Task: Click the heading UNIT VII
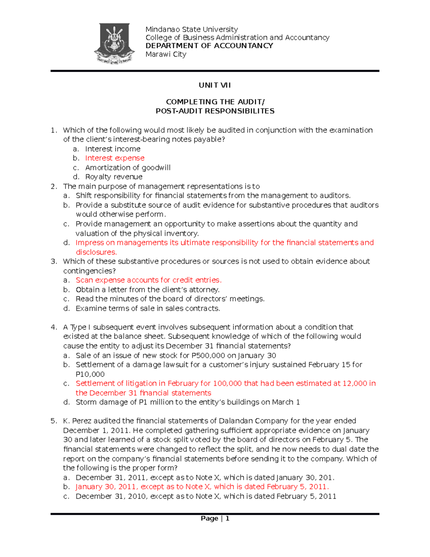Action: (x=215, y=85)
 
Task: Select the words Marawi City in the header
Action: (x=166, y=54)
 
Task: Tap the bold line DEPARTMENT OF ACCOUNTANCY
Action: (x=209, y=46)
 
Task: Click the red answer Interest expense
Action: (x=115, y=158)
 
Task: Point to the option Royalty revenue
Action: (x=114, y=177)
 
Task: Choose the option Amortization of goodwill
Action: (x=128, y=167)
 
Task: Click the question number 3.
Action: (x=53, y=261)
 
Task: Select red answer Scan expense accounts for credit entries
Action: (x=148, y=280)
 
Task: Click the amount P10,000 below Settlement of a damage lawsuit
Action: (x=90, y=374)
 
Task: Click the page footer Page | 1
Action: (x=215, y=518)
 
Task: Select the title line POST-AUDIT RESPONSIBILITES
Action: (x=215, y=111)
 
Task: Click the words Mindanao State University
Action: (x=191, y=29)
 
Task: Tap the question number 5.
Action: (x=53, y=421)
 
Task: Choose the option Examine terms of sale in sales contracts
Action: (x=148, y=308)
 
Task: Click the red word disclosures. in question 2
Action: (x=96, y=252)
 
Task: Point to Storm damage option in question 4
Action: (x=187, y=402)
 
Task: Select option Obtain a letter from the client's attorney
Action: (x=147, y=289)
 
